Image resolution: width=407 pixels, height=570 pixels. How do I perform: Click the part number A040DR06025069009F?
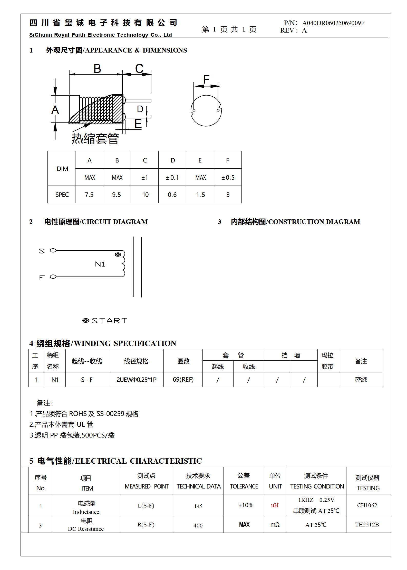(333, 23)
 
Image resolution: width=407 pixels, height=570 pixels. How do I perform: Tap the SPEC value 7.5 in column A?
(89, 195)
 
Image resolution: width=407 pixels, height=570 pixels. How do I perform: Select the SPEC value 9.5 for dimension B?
(117, 195)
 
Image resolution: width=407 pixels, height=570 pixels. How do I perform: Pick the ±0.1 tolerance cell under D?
(172, 177)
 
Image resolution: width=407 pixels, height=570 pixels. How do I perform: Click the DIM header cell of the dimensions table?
(62, 169)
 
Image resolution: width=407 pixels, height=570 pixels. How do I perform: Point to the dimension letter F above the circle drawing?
(206, 79)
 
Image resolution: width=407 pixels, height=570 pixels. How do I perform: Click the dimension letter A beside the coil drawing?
(55, 110)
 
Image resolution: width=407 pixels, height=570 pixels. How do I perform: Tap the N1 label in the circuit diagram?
(100, 264)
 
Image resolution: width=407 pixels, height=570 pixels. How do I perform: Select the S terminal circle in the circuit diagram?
(53, 250)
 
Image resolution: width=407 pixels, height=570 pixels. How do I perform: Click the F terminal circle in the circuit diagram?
(53, 277)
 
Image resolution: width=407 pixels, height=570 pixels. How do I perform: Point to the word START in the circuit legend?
(110, 321)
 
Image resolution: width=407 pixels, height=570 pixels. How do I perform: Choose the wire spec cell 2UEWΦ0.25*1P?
(136, 380)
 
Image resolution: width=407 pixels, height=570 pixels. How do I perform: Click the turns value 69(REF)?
(183, 380)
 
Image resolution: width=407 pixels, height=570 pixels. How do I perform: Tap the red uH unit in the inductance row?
(275, 505)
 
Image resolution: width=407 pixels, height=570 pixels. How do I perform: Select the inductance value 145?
(198, 506)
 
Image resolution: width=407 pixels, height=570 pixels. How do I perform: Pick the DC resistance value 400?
(198, 525)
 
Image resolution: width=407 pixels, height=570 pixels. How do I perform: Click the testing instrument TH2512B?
(367, 524)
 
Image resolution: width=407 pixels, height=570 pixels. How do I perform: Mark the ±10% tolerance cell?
(246, 505)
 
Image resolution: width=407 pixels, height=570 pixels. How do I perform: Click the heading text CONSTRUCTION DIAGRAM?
(314, 222)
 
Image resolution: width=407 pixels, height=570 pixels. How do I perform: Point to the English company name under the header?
(100, 35)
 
